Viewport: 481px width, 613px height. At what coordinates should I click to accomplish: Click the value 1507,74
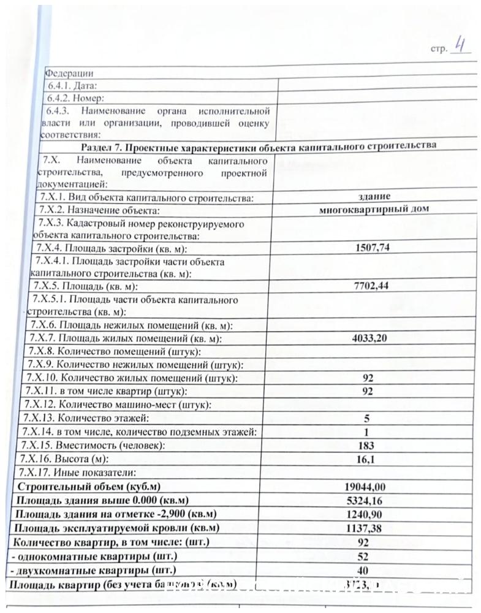pyautogui.click(x=373, y=248)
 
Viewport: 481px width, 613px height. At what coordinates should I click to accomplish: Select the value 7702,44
pyautogui.click(x=372, y=286)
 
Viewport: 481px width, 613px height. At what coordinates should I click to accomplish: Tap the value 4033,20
pyautogui.click(x=369, y=338)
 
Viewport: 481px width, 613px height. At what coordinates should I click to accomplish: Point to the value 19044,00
pyautogui.click(x=366, y=487)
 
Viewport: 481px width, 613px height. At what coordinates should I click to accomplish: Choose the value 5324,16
pyautogui.click(x=366, y=500)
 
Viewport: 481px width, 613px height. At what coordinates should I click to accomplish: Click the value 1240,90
pyautogui.click(x=366, y=514)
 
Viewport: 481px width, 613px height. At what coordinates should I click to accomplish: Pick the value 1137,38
pyautogui.click(x=366, y=528)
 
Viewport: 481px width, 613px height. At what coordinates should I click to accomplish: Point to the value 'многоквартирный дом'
pyautogui.click(x=374, y=209)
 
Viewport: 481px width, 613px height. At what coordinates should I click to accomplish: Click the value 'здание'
pyautogui.click(x=374, y=196)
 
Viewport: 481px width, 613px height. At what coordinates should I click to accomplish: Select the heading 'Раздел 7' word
pyautogui.click(x=97, y=147)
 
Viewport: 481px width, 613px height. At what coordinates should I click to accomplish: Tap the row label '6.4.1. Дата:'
pyautogui.click(x=72, y=86)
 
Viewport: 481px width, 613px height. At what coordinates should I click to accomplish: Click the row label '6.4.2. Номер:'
pyautogui.click(x=76, y=98)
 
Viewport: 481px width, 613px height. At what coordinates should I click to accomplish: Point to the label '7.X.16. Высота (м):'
pyautogui.click(x=64, y=459)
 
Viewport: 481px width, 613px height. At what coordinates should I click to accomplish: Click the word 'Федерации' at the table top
pyautogui.click(x=69, y=73)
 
